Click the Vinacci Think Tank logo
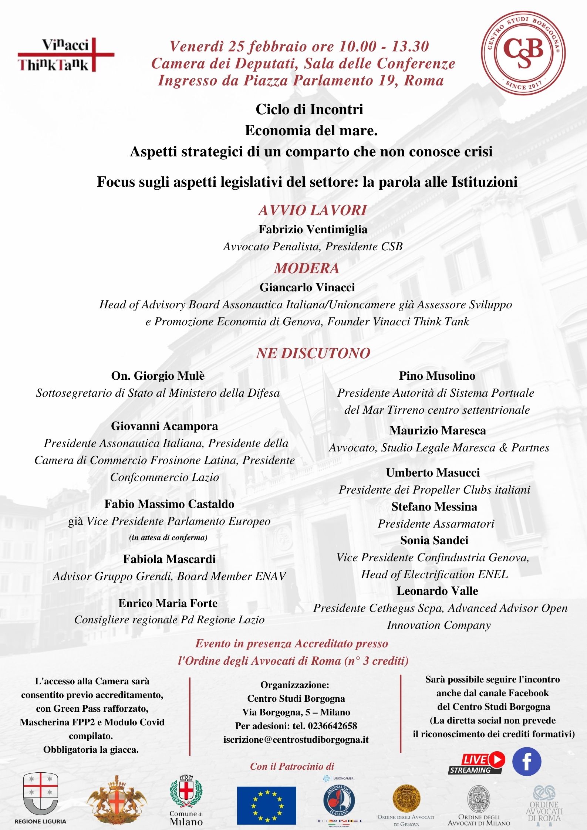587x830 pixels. (x=66, y=55)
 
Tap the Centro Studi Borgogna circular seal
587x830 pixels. (x=523, y=53)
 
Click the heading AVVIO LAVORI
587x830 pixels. (x=313, y=210)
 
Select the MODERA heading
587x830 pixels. (x=307, y=268)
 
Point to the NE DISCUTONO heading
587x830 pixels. (x=313, y=353)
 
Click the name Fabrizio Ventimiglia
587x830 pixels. (x=313, y=230)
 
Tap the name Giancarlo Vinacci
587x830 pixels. (x=307, y=288)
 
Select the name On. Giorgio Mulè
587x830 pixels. (x=158, y=376)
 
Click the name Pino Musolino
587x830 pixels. (x=437, y=376)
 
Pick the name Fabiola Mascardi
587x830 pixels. (x=169, y=559)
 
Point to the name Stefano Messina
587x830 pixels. (x=434, y=507)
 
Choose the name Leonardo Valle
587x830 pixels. (x=437, y=591)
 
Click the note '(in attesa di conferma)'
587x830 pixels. (x=168, y=538)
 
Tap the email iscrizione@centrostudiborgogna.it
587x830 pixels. (x=296, y=740)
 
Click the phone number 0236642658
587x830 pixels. (x=332, y=726)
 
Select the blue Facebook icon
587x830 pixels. (x=527, y=761)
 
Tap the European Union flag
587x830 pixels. (x=266, y=806)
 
